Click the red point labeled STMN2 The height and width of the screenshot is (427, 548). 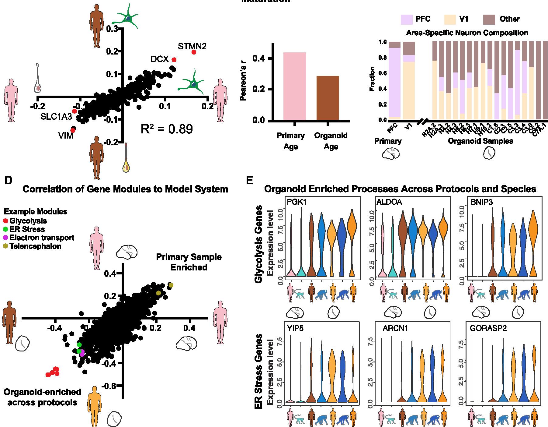(x=194, y=52)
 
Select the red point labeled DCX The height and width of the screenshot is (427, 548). (x=174, y=60)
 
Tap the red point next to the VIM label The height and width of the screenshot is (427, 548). (x=73, y=130)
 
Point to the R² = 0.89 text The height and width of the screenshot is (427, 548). (x=167, y=129)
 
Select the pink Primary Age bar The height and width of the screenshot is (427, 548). (x=294, y=86)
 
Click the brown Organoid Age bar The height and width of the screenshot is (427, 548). (x=328, y=98)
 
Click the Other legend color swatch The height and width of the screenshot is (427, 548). (x=490, y=19)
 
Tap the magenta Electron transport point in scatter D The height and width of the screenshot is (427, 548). (x=82, y=353)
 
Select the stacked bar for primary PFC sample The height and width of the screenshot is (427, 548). (x=394, y=81)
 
